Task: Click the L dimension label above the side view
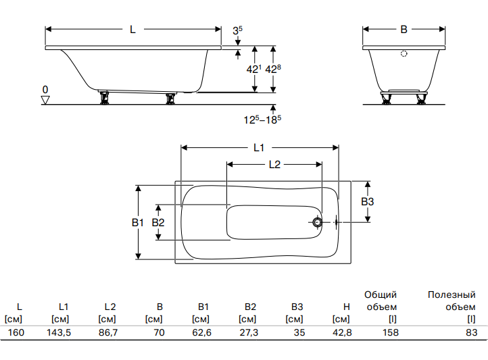click(x=133, y=30)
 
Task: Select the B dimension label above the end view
click(x=404, y=30)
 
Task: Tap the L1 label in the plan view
click(x=259, y=148)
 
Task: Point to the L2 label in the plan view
click(x=275, y=164)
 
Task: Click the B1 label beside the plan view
click(x=138, y=223)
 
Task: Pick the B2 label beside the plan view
click(x=158, y=223)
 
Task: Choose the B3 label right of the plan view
click(x=368, y=202)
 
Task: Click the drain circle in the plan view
click(x=318, y=223)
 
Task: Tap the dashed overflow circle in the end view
click(x=404, y=54)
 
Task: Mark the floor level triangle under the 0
click(x=45, y=100)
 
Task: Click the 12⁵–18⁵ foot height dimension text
click(x=262, y=120)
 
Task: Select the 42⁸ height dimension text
click(x=273, y=69)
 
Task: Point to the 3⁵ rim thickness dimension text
click(x=238, y=30)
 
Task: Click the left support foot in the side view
click(x=103, y=98)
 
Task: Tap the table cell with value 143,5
click(x=59, y=332)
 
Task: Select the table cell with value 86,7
click(x=108, y=332)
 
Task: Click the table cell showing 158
click(x=390, y=332)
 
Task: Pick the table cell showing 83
click(x=472, y=332)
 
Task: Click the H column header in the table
click(x=347, y=307)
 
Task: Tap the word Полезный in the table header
click(x=452, y=294)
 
